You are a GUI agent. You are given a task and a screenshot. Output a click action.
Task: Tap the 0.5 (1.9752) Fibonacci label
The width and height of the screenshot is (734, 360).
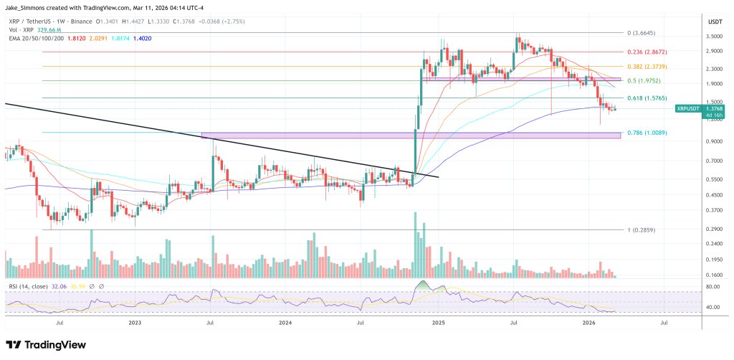tap(643, 81)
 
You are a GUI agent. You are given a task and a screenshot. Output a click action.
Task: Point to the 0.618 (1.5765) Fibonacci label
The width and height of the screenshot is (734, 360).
tap(645, 98)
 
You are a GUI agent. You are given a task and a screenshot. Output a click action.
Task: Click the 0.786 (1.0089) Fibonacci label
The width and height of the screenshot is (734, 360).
tap(645, 132)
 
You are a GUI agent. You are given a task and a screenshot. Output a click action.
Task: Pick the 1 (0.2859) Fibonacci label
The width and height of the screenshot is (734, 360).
tap(640, 229)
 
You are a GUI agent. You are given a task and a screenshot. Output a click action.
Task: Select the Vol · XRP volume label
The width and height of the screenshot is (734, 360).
tap(17, 32)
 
